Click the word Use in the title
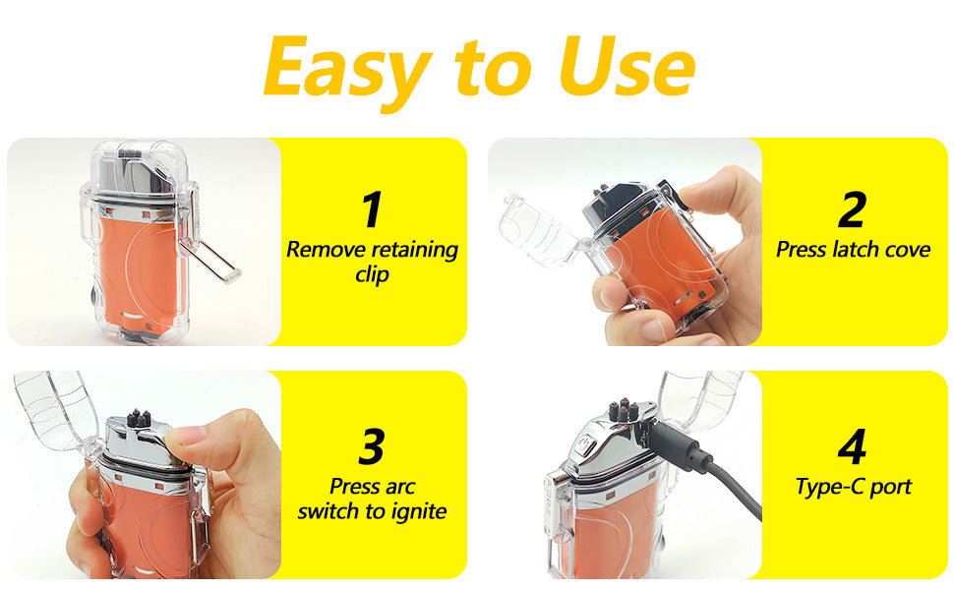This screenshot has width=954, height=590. click(x=626, y=66)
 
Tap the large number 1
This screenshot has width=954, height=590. click(x=372, y=209)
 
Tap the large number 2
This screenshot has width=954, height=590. click(x=853, y=209)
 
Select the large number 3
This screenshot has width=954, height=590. click(x=372, y=447)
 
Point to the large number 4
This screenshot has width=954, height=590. click(x=853, y=447)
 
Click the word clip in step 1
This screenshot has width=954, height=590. click(x=373, y=275)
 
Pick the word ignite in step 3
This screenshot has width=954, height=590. click(x=419, y=512)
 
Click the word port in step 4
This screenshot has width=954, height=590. click(x=891, y=488)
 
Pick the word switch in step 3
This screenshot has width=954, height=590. click(x=328, y=512)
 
